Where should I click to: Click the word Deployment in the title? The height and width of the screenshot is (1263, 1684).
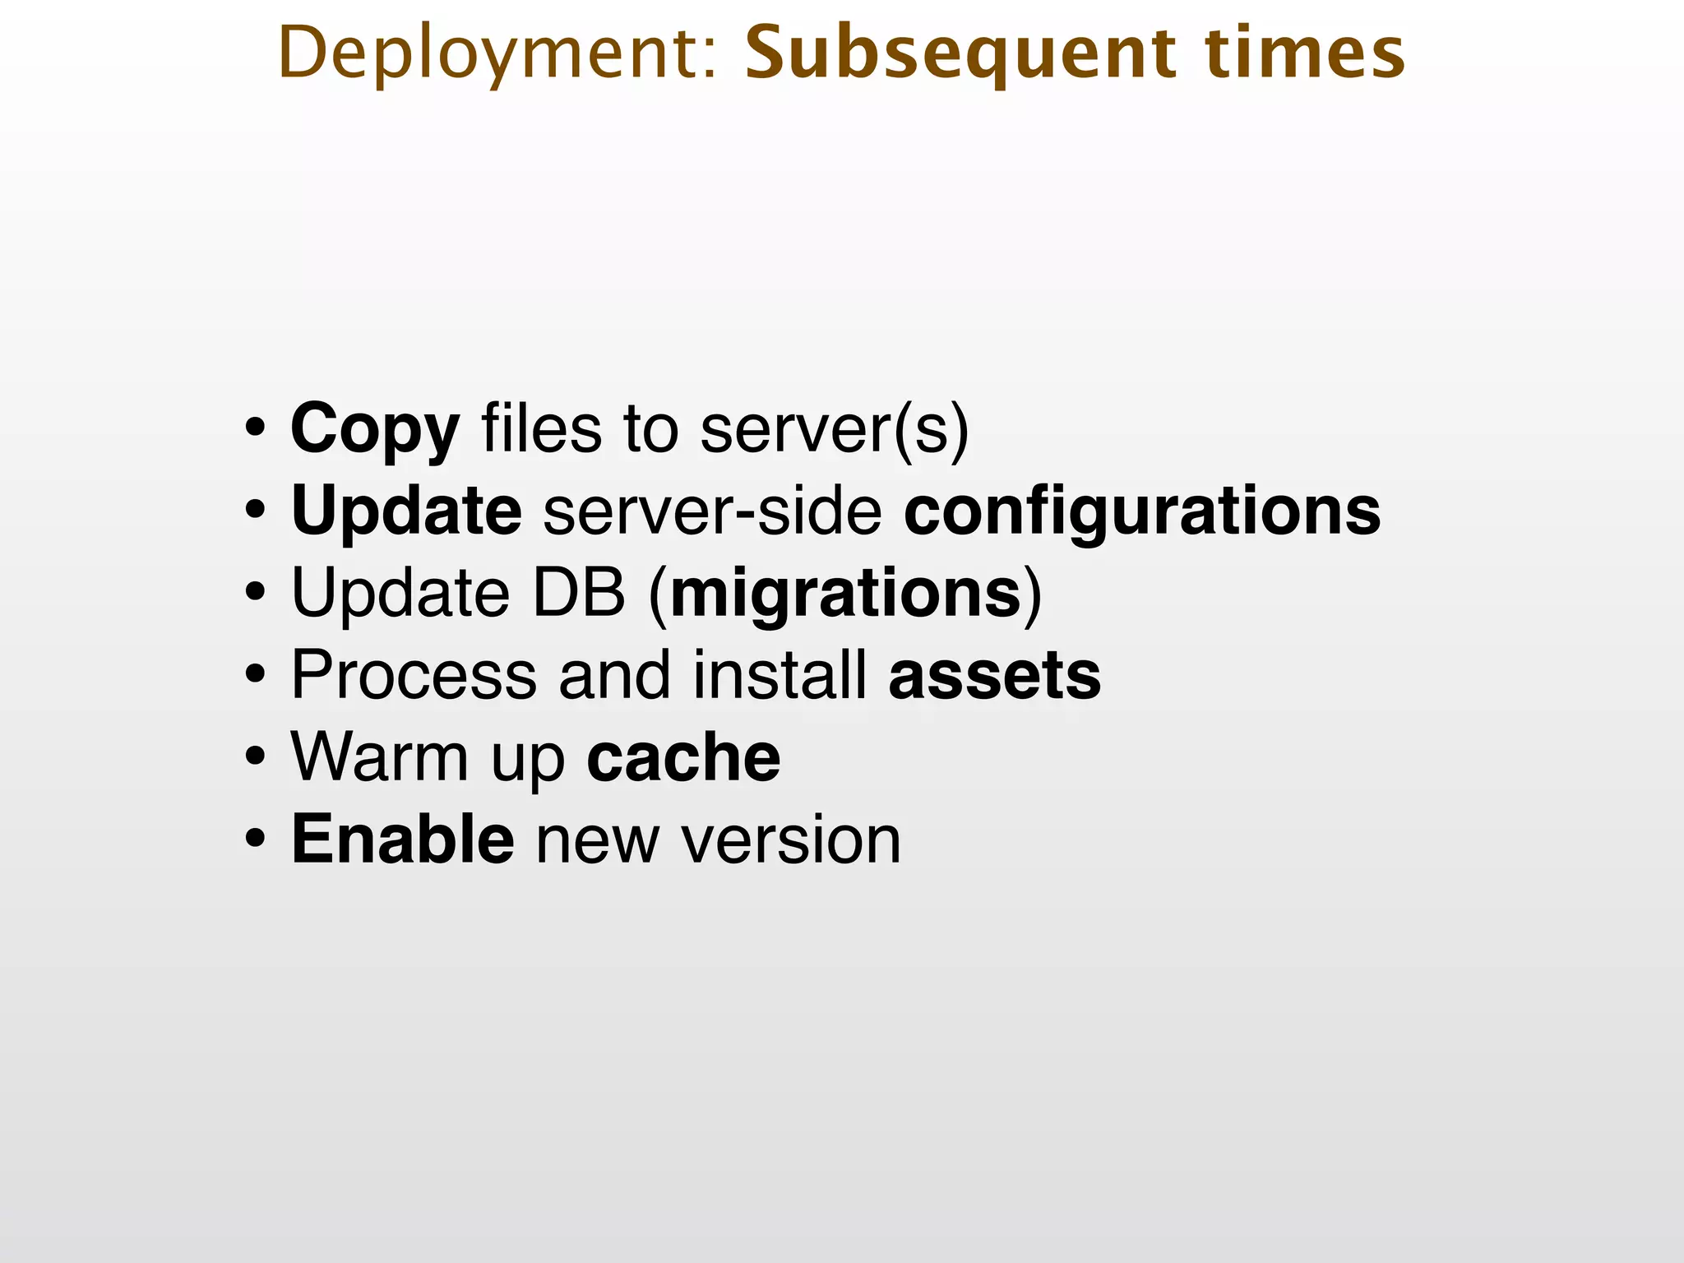498,54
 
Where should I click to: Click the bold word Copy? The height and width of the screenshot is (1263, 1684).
375,429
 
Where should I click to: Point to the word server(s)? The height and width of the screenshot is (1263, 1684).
835,429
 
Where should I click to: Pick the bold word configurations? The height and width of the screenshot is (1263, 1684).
1142,511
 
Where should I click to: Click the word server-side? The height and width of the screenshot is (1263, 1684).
712,511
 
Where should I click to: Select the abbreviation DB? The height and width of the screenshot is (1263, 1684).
579,594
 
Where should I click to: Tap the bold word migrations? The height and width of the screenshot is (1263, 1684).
846,594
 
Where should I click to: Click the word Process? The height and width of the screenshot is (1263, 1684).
414,676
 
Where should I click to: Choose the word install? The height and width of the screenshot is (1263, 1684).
780,676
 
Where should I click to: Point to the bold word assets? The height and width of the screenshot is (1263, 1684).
995,676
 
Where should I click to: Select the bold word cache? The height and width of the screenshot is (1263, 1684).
683,758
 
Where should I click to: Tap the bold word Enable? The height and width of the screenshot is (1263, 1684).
403,840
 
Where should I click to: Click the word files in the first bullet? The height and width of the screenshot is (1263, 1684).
541,429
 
